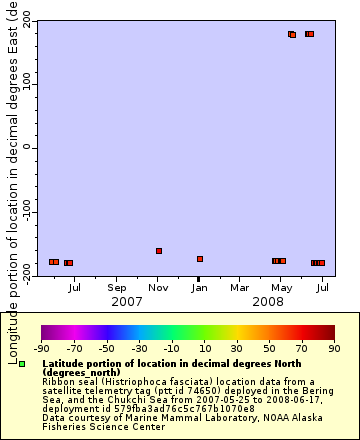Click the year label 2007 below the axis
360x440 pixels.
click(126, 301)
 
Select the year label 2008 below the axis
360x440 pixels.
click(268, 301)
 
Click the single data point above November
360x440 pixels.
click(159, 251)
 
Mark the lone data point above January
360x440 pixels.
click(200, 259)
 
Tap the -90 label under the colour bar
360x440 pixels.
click(41, 349)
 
